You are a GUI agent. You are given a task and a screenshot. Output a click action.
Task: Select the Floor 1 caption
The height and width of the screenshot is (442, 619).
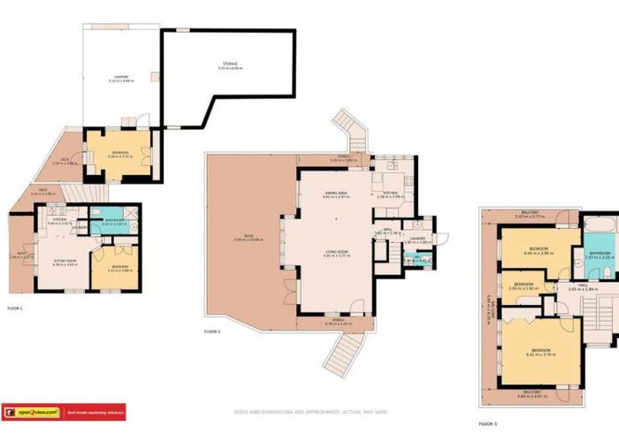[x=14, y=309]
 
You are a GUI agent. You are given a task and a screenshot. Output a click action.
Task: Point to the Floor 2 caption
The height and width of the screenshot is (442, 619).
[x=212, y=331]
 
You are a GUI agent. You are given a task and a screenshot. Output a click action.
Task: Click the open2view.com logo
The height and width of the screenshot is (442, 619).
[x=33, y=412]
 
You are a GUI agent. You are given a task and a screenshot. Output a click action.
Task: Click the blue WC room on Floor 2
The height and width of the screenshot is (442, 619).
[x=405, y=259]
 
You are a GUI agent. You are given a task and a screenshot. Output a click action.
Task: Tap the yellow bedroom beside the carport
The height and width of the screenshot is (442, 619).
[x=118, y=155]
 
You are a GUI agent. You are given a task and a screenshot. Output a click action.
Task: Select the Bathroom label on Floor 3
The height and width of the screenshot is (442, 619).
[x=600, y=253]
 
